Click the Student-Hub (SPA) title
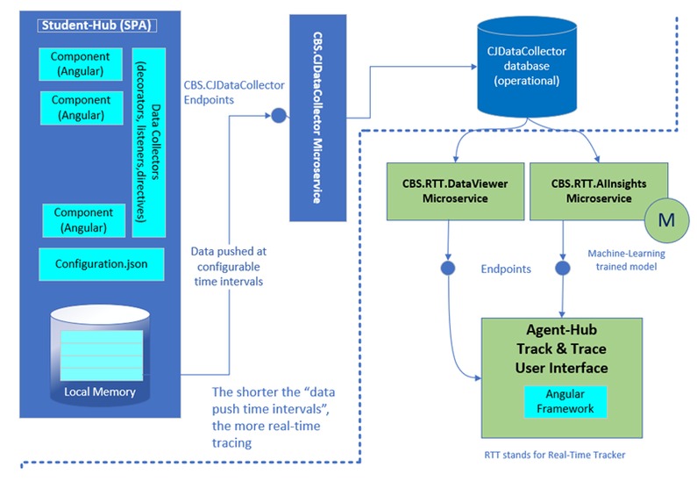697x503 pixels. [97, 25]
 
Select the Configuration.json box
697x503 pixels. [102, 264]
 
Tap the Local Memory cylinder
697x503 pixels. [100, 355]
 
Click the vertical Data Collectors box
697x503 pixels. [149, 142]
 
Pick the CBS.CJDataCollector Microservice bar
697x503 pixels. [318, 118]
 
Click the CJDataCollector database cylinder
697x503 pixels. [527, 68]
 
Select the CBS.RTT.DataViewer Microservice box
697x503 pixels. [455, 191]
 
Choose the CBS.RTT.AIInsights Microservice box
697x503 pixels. [599, 191]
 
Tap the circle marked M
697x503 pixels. [666, 220]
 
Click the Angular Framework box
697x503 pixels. [565, 401]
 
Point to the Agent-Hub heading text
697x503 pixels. [561, 330]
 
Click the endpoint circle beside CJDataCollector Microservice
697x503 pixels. [279, 115]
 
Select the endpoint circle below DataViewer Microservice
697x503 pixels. [448, 268]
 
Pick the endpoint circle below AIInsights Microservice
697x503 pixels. [563, 268]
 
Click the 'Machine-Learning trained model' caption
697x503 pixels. [626, 260]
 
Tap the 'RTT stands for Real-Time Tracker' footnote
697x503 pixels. [555, 455]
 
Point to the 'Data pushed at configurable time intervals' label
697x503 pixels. [229, 266]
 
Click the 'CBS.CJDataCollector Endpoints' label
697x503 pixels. [234, 92]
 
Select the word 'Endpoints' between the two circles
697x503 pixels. [506, 269]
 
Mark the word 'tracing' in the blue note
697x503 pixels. [231, 443]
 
